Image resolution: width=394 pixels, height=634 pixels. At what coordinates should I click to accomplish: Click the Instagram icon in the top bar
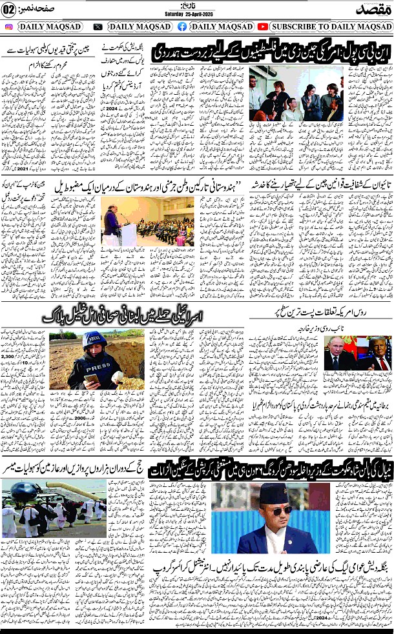click(x=9, y=26)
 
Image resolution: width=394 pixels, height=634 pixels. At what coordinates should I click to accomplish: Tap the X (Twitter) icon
click(x=98, y=26)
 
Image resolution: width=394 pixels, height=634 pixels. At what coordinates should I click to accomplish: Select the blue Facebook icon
click(x=182, y=26)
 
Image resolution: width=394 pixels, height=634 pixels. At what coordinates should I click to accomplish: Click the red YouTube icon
click(x=263, y=26)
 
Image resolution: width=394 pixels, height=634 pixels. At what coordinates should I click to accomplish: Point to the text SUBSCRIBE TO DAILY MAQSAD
click(x=331, y=26)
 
